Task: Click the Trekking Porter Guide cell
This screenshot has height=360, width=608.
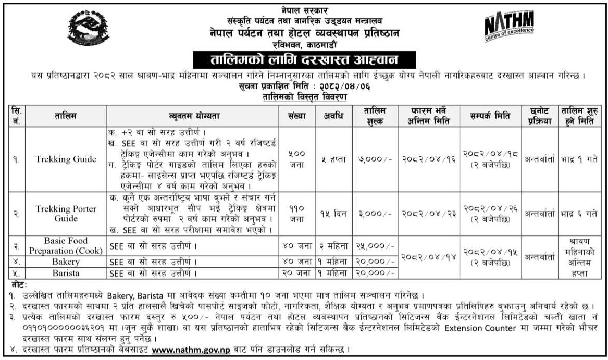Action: [x=59, y=214]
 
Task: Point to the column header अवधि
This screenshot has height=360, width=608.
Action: [x=332, y=115]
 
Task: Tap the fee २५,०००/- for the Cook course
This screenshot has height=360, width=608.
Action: [x=375, y=245]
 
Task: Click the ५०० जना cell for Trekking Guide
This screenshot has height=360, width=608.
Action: [x=296, y=159]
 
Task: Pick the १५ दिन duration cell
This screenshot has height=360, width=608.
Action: [x=332, y=214]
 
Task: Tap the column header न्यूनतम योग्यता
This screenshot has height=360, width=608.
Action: [x=191, y=115]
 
